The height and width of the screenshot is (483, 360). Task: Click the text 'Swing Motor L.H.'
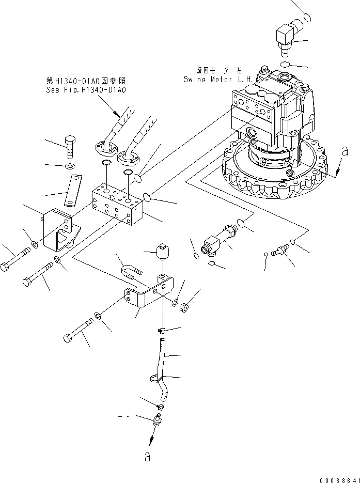216,79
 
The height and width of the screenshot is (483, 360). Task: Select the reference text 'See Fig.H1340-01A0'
85,89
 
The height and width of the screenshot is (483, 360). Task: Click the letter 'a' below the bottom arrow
148,457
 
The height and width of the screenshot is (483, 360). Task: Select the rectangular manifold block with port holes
117,205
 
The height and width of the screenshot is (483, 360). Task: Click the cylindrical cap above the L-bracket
163,253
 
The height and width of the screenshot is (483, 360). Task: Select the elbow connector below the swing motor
217,242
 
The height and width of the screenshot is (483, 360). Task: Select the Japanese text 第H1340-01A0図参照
85,81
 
